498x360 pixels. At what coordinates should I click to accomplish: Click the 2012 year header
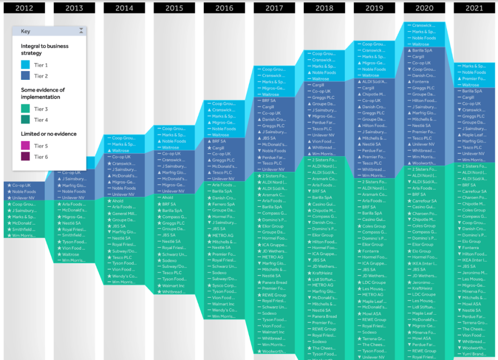pyautogui.click(x=24, y=8)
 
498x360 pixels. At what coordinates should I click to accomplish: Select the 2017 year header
pyautogui.click(x=274, y=8)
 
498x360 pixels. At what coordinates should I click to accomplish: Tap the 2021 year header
pyautogui.click(x=474, y=8)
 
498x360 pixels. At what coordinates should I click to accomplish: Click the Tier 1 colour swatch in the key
pyautogui.click(x=26, y=65)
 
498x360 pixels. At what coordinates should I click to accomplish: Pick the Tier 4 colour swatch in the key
pyautogui.click(x=26, y=120)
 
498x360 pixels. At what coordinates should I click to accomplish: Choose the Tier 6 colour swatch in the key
pyautogui.click(x=26, y=157)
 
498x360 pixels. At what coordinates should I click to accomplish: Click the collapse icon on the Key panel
pyautogui.click(x=81, y=31)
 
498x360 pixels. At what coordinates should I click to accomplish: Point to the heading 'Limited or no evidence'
pyautogui.click(x=49, y=134)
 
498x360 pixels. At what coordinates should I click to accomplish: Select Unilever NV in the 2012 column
pyautogui.click(x=24, y=198)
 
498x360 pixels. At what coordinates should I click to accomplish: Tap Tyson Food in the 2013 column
pyautogui.click(x=74, y=242)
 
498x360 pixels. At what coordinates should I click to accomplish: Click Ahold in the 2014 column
pyautogui.click(x=118, y=201)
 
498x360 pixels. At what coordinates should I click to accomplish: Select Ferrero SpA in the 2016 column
pyautogui.click(x=224, y=204)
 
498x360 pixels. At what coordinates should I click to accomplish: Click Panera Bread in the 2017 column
pyautogui.click(x=275, y=283)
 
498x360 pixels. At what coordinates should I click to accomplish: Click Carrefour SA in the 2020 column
pyautogui.click(x=425, y=201)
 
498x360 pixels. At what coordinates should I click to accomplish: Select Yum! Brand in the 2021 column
pyautogui.click(x=474, y=354)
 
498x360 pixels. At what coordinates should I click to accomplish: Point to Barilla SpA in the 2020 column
pyautogui.click(x=422, y=51)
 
